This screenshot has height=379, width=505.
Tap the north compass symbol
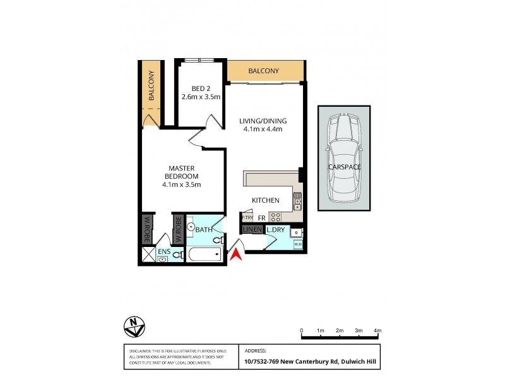coord(133,326)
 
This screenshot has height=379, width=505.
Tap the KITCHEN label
coord(266,200)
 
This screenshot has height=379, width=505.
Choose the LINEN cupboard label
coord(252,230)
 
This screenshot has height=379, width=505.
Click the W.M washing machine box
coord(298,244)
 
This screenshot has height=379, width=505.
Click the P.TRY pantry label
coord(247,217)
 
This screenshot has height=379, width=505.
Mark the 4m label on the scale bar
coord(377,331)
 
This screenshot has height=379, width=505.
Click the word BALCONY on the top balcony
coord(263,71)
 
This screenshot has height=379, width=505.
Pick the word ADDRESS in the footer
coord(255,350)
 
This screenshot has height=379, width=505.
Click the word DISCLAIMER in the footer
coord(140,351)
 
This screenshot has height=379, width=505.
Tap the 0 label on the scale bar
coord(302,331)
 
